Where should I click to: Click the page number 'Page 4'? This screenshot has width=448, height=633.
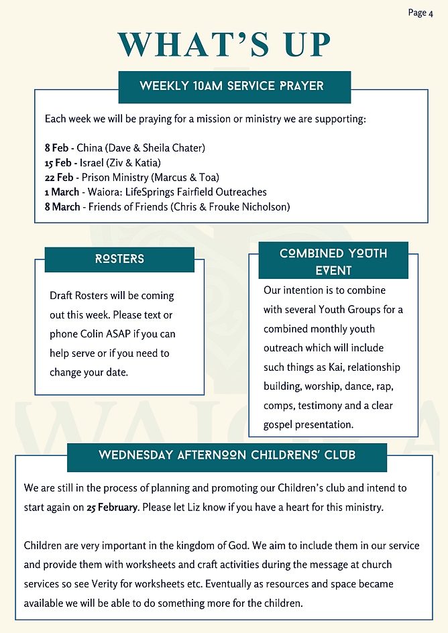click(x=421, y=13)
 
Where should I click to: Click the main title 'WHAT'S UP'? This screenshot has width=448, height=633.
click(x=224, y=46)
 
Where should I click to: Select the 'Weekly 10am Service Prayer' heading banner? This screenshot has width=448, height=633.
click(x=231, y=87)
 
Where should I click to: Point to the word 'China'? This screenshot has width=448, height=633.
click(x=89, y=148)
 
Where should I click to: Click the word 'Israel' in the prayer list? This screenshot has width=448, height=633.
click(x=92, y=162)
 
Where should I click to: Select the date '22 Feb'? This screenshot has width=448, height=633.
click(x=59, y=177)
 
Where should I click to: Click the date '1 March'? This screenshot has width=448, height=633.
click(x=61, y=192)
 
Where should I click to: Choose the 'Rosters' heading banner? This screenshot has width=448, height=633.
click(x=119, y=259)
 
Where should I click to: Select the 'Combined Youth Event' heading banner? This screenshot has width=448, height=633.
click(x=333, y=262)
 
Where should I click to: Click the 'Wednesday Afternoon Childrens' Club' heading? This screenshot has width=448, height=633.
click(x=227, y=455)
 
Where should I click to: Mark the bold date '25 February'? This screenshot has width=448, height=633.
click(x=111, y=507)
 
